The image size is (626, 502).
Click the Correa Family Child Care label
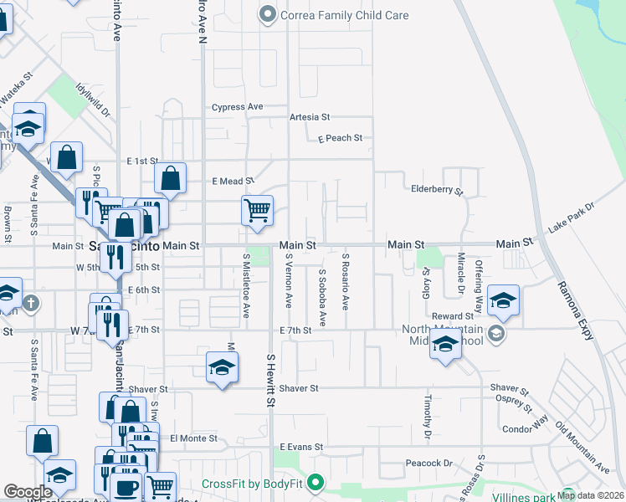tap(345, 14)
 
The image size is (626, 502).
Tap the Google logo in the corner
tap(28, 492)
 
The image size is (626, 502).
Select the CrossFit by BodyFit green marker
tap(316, 483)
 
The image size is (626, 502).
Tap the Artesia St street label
tap(310, 118)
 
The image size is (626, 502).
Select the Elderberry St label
tap(437, 190)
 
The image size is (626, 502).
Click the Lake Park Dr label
tap(571, 217)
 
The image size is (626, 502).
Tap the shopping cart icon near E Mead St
tap(257, 209)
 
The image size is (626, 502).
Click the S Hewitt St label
tap(270, 380)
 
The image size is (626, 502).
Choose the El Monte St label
tap(193, 438)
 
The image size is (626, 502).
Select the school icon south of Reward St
tap(445, 344)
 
